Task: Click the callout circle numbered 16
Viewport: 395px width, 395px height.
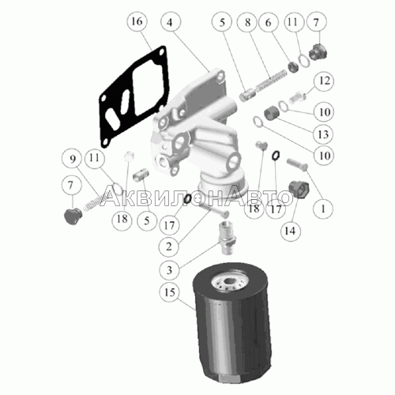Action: [137, 21]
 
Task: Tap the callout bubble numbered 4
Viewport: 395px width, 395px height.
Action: [170, 22]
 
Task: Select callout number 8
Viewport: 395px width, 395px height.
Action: [247, 22]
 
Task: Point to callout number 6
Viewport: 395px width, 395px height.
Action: [268, 22]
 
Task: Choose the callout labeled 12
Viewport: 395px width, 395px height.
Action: [324, 81]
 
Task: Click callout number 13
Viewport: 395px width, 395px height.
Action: [323, 134]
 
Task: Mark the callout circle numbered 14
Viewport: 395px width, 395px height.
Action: [290, 231]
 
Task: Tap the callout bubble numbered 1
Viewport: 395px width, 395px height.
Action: [323, 209]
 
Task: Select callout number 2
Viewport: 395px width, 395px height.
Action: [169, 246]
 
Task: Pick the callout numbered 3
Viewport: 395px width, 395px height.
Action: [169, 270]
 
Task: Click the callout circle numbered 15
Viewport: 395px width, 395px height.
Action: [169, 292]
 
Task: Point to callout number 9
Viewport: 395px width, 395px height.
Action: [72, 159]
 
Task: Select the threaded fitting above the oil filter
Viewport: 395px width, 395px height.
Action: [227, 238]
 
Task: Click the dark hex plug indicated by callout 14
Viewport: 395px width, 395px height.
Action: [299, 190]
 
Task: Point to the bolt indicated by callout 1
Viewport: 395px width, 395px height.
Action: [297, 164]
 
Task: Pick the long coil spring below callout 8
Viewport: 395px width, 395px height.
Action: [271, 81]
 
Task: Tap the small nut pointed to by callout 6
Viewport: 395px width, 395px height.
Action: [293, 66]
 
